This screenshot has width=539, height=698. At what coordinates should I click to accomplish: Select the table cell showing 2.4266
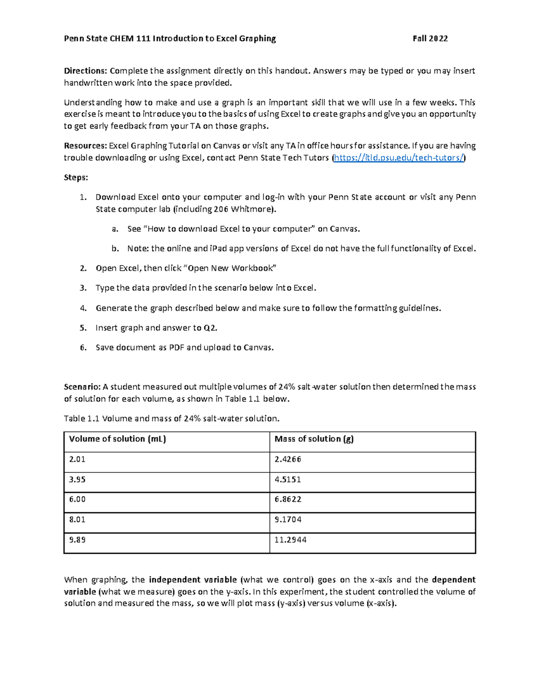(287, 459)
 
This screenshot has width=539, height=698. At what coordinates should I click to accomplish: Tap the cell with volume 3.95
(77, 480)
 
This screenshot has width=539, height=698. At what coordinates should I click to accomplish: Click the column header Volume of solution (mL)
(117, 439)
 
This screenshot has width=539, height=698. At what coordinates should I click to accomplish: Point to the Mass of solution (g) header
(314, 439)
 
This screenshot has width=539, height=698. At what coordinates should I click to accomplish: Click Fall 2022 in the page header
(430, 39)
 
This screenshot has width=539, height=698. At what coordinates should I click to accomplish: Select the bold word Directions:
(85, 71)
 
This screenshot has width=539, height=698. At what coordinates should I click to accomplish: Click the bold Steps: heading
(76, 178)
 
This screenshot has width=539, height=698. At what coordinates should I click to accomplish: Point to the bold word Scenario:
(82, 387)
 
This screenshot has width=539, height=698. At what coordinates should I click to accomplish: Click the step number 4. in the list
(83, 308)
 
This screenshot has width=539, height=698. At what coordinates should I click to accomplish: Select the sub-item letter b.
(115, 249)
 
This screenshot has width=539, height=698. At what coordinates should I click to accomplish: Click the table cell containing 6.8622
(287, 499)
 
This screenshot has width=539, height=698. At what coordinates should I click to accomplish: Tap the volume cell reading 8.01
(77, 520)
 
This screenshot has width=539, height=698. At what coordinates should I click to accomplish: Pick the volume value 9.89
(77, 540)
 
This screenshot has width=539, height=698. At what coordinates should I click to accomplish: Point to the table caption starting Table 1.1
(172, 418)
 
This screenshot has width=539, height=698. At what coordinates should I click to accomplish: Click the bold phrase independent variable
(193, 579)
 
